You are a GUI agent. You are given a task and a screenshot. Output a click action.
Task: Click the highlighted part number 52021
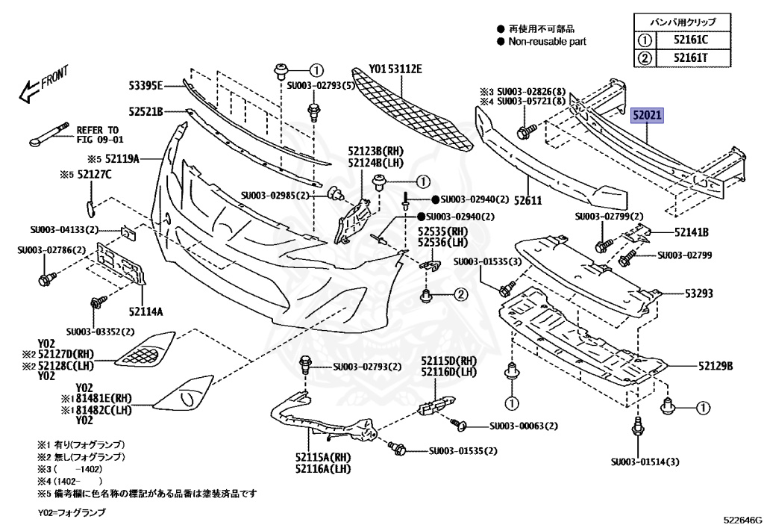pyautogui.click(x=648, y=117)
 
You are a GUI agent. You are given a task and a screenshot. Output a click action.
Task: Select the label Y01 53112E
pyautogui.click(x=395, y=69)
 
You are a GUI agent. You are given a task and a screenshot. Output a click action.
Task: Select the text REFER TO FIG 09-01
pyautogui.click(x=98, y=134)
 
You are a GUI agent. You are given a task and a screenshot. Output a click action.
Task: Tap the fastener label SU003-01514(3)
pyautogui.click(x=645, y=462)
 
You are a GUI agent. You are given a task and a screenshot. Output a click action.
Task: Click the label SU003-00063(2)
pyautogui.click(x=523, y=426)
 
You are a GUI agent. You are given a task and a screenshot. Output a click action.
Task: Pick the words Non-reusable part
pyautogui.click(x=547, y=42)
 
